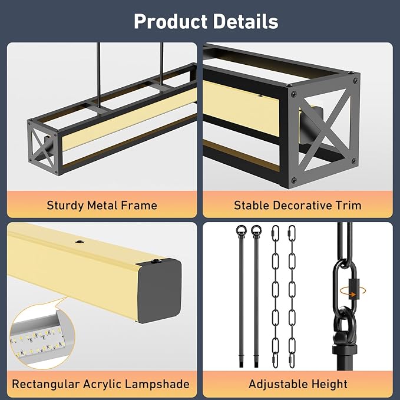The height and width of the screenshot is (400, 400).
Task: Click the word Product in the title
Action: click(x=170, y=21)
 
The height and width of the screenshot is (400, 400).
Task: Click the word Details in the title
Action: click(x=246, y=21)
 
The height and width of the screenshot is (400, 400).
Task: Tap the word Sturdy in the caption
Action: click(x=65, y=206)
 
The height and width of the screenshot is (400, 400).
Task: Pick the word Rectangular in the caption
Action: click(x=45, y=384)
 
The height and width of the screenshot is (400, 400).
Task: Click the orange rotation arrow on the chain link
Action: click(x=354, y=292)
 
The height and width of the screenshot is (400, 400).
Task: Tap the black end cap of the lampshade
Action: click(x=159, y=291)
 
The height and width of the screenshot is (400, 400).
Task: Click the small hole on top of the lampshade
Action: click(x=80, y=242)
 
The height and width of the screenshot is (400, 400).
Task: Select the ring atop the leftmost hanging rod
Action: click(x=242, y=231)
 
